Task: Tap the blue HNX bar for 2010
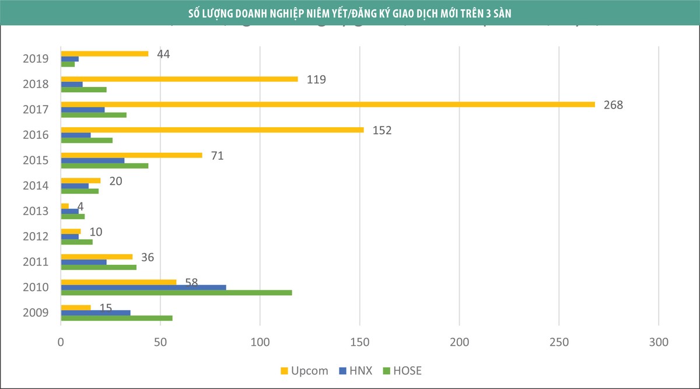point(143,287)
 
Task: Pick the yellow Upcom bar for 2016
point(212,129)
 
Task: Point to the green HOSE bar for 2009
point(117,318)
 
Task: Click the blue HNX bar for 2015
point(93,160)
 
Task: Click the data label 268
point(613,105)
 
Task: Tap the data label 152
point(381,130)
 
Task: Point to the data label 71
point(218,156)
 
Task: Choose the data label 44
point(163,54)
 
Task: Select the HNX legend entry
point(355,370)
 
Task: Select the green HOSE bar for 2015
point(104,166)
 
